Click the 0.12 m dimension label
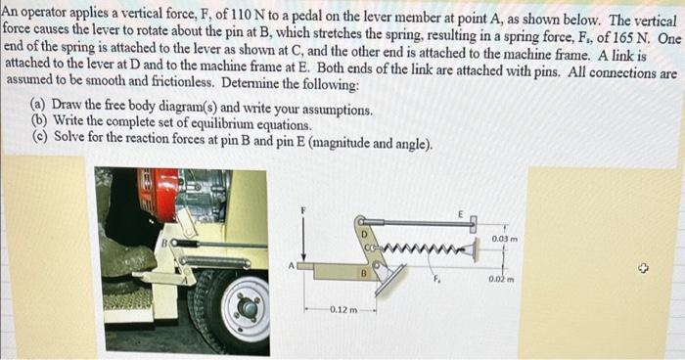point(342,310)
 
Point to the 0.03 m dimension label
point(505,238)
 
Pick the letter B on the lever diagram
point(360,275)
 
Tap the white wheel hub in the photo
point(246,308)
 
